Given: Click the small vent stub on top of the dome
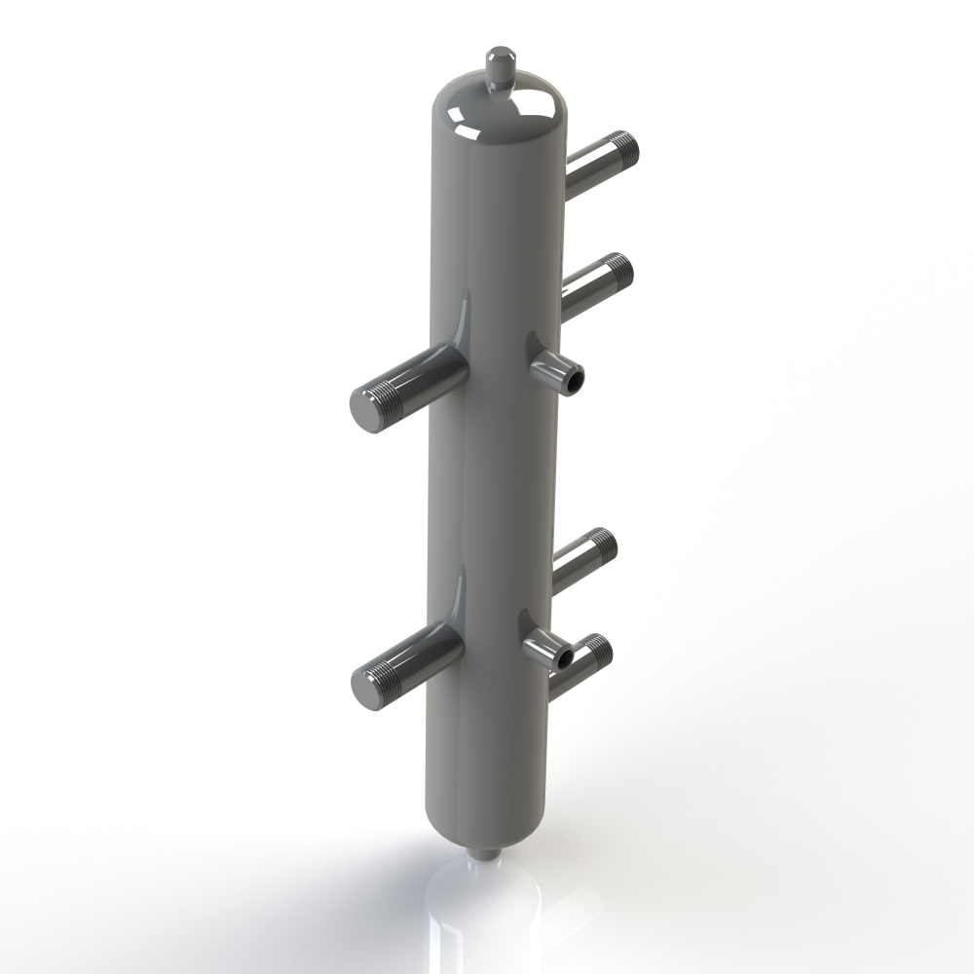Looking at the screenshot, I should [501, 64].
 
